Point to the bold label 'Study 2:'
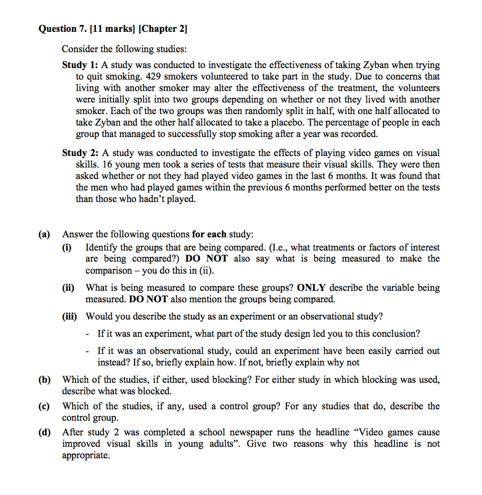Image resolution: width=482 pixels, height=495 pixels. click(x=80, y=153)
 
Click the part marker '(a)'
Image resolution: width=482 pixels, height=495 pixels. click(x=44, y=235)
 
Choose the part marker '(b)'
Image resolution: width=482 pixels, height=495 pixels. click(x=44, y=380)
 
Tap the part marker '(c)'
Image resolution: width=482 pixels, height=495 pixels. click(x=44, y=406)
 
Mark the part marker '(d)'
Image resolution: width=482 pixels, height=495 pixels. click(x=44, y=433)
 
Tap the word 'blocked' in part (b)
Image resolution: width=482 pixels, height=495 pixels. click(x=156, y=392)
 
